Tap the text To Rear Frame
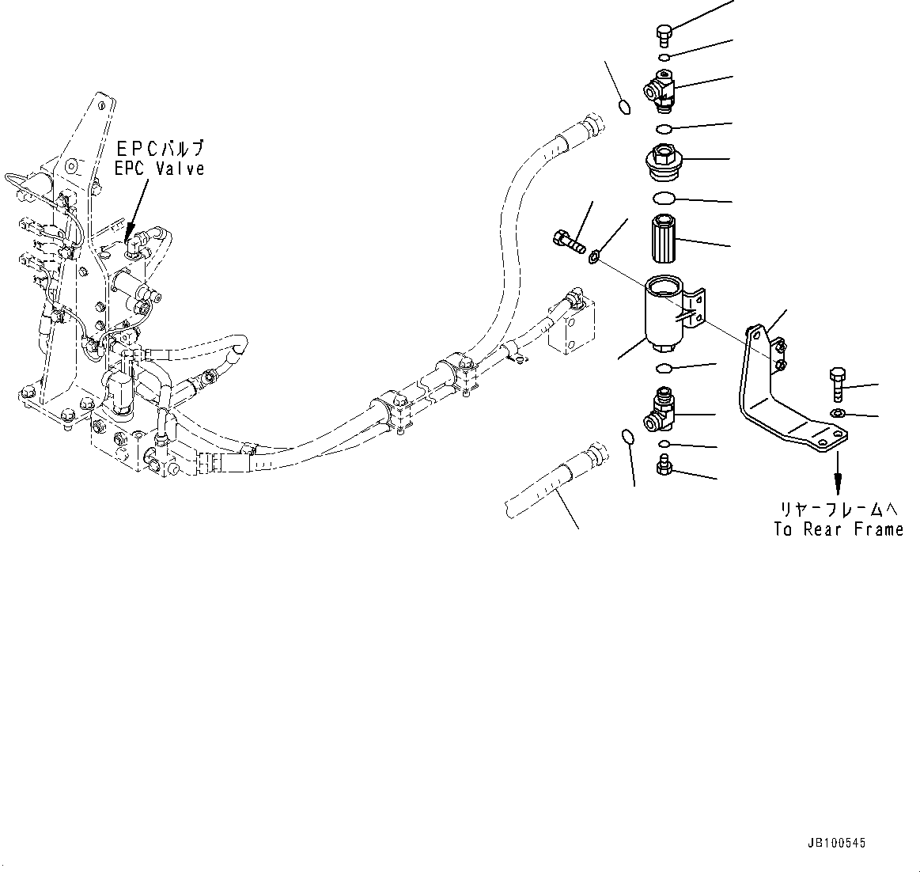(839, 530)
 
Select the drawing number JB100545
(836, 844)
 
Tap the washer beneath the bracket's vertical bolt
(838, 414)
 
